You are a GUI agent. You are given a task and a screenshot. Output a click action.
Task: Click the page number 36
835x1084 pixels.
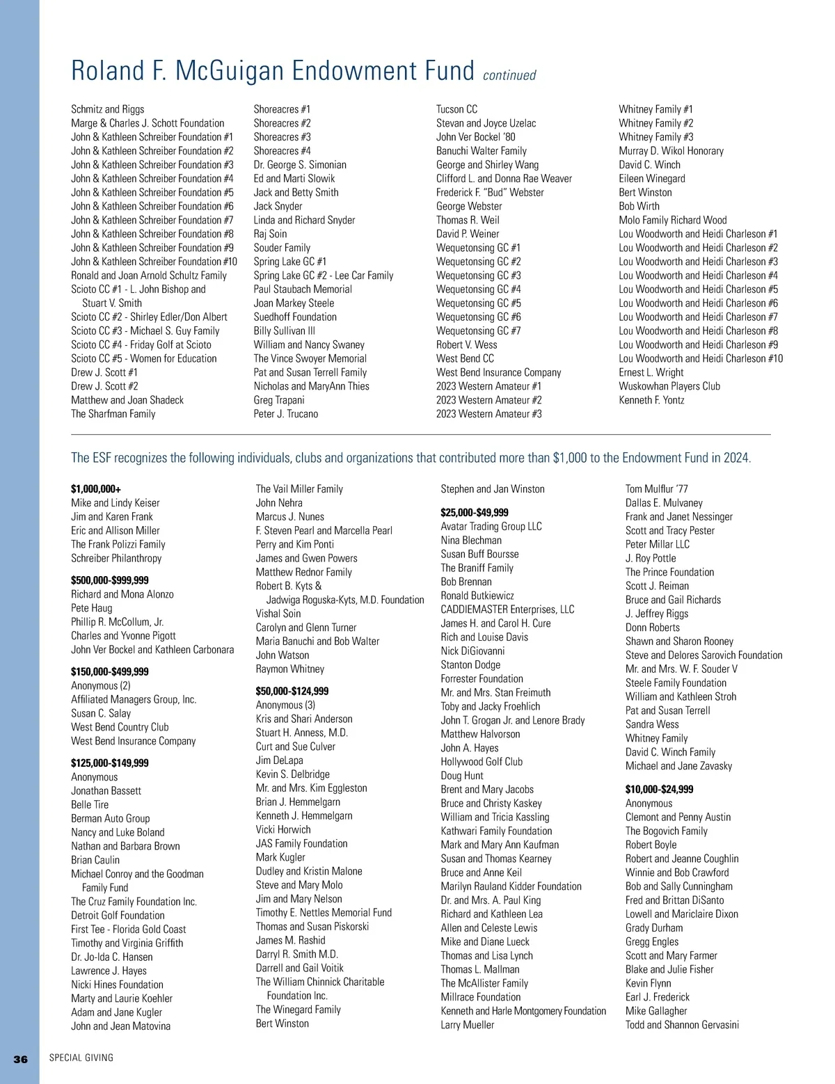coord(21,1059)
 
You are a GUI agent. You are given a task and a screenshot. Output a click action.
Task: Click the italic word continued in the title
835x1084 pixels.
coord(509,75)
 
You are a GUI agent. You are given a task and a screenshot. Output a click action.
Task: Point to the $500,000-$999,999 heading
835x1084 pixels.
coord(109,580)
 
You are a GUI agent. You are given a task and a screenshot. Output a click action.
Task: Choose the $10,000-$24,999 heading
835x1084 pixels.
coord(659,789)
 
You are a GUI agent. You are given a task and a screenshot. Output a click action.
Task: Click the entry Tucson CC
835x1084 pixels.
coord(456,109)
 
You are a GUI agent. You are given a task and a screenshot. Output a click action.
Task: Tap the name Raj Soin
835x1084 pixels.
coord(270,234)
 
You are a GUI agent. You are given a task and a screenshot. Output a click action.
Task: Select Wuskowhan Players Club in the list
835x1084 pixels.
coord(669,386)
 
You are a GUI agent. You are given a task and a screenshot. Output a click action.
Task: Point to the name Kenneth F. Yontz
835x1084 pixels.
coord(651,400)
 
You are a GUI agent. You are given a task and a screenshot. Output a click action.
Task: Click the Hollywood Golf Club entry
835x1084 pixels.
coord(482,762)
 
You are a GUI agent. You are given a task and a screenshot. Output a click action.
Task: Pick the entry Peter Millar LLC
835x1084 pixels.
coord(658,544)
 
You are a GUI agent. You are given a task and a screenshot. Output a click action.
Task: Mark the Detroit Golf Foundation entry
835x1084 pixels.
coord(118,916)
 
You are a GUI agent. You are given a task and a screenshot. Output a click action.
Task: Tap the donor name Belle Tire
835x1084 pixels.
coord(90,804)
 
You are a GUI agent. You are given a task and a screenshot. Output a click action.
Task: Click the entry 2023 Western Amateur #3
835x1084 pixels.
coord(488,414)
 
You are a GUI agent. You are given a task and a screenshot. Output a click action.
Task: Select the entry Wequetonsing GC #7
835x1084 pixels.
coord(478,330)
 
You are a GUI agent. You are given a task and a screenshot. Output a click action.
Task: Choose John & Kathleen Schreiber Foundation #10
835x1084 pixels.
coord(154,262)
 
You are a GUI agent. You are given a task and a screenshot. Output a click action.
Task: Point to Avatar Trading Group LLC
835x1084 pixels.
coord(491,527)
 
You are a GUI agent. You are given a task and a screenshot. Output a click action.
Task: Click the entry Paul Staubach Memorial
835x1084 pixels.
coord(303,289)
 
